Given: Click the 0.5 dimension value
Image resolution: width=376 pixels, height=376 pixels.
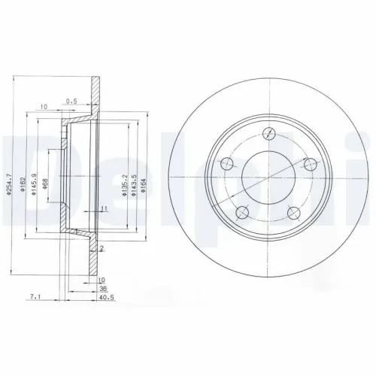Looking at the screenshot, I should coord(72,101).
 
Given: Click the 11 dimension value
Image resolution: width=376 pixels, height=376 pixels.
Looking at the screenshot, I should coord(104,208).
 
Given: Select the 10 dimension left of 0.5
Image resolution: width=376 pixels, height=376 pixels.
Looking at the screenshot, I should coord(44,106).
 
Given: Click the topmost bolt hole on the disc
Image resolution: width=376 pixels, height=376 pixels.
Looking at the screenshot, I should coord(268,134).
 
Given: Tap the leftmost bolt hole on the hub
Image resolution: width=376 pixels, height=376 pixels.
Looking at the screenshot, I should coord(224,162).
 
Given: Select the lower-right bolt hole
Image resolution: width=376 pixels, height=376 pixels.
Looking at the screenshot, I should coord(293,214).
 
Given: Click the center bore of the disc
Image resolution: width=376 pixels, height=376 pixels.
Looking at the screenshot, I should coord(267,177).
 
